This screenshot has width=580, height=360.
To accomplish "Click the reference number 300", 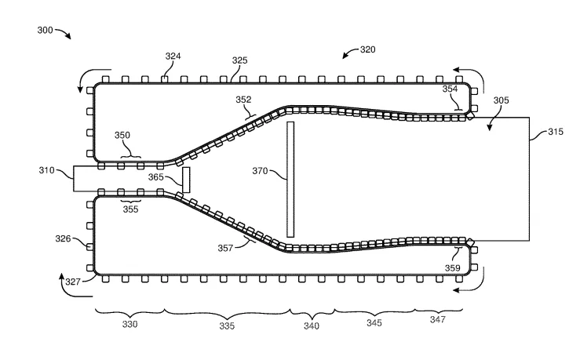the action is pyautogui.click(x=45, y=30).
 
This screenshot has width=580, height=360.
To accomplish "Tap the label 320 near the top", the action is pyautogui.click(x=367, y=49).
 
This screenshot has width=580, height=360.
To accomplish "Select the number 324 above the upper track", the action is pyautogui.click(x=173, y=56).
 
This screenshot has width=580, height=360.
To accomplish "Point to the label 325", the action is pyautogui.click(x=239, y=60).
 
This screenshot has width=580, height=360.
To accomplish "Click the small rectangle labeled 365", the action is pyautogui.click(x=186, y=180).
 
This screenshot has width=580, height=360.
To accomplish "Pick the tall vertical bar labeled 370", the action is pyautogui.click(x=290, y=180).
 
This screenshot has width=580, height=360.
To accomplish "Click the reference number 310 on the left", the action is pyautogui.click(x=46, y=170).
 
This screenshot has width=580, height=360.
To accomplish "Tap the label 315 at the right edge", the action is pyautogui.click(x=556, y=132).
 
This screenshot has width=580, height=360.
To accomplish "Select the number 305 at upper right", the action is pyautogui.click(x=502, y=100).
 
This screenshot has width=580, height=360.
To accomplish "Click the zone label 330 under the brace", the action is pyautogui.click(x=129, y=324).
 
